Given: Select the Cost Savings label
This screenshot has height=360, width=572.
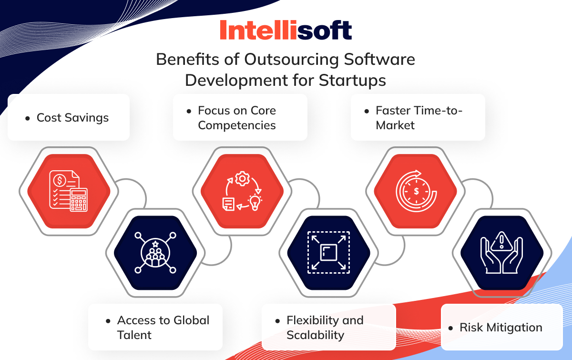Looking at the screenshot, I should pos(72,118).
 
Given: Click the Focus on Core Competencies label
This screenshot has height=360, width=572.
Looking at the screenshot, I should pos(237,118).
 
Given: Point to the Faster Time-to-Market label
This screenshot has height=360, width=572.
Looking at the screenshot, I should pos(419,118).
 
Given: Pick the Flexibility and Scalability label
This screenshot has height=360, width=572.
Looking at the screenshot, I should pos(325,327).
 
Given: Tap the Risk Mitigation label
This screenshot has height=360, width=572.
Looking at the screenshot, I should pos(500,328).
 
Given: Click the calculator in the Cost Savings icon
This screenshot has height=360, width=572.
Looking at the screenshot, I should pos(79,199).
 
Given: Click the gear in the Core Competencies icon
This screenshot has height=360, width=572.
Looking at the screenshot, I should pos(242,179).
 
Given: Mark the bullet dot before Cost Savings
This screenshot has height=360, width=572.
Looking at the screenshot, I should pos(27,118).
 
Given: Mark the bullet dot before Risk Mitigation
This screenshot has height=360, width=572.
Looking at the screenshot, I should pos(450,328).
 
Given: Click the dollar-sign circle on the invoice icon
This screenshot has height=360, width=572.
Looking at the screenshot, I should pos(61,181).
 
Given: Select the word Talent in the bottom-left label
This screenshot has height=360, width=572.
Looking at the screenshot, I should pos(134,335).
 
